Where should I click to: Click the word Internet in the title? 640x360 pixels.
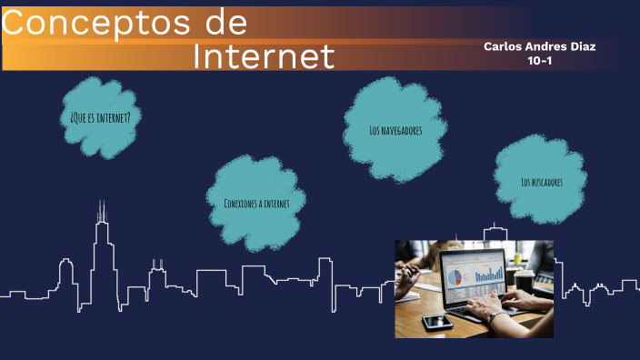(x=264, y=56)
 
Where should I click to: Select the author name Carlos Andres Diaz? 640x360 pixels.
(x=539, y=46)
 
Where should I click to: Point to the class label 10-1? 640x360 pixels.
(x=540, y=61)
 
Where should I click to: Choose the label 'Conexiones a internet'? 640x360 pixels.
(x=256, y=203)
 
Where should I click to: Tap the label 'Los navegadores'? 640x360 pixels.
(x=395, y=130)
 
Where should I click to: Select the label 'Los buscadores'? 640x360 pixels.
(x=542, y=182)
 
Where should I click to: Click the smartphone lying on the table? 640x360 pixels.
(x=436, y=322)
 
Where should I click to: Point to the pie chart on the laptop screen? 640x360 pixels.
(x=459, y=275)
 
